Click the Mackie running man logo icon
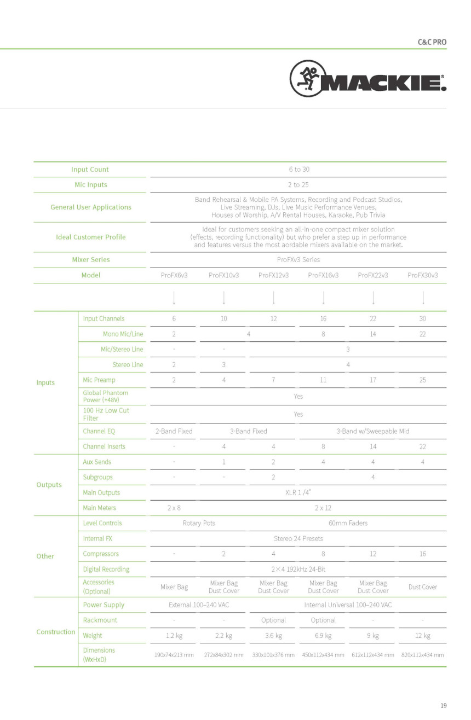point(305,78)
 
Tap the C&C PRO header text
point(432,42)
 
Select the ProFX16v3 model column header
point(323,275)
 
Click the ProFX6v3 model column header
point(174,275)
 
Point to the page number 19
point(443,705)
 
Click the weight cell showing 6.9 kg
point(323,635)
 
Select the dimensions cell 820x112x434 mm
point(422,655)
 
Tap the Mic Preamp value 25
point(422,380)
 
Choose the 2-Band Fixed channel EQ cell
point(174,431)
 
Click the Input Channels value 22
point(373,318)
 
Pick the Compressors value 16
point(422,554)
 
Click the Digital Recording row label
point(106,569)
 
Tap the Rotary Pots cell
point(199,523)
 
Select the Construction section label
point(56,632)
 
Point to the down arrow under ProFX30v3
point(423,298)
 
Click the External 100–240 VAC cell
point(199,605)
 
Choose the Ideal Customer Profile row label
point(91,237)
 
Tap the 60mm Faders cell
point(348,523)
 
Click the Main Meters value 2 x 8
point(174,508)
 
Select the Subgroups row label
point(98,477)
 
